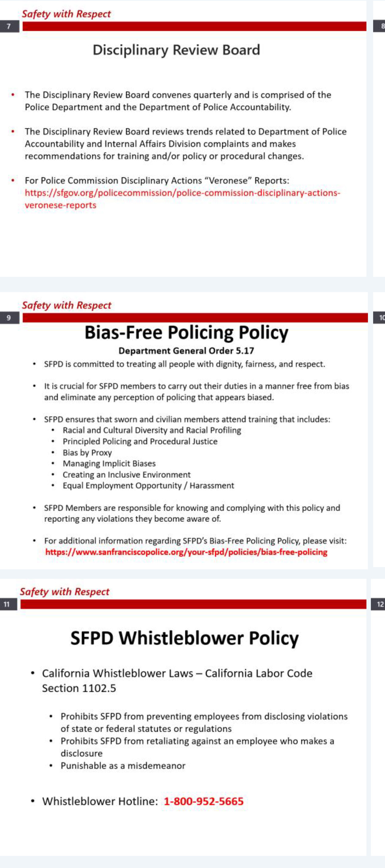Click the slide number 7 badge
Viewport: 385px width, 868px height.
9,26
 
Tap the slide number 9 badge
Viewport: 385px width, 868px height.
9,318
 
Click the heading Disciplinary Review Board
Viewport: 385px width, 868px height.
176,50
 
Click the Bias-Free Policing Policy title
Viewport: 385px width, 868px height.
186,333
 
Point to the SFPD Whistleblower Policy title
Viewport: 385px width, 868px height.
184,638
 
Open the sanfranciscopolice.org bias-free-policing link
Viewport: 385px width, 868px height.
186,552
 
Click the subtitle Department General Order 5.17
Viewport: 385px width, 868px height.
186,351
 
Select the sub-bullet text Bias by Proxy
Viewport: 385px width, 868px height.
87,453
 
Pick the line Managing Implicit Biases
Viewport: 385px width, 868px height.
109,464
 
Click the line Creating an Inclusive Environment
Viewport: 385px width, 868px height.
126,475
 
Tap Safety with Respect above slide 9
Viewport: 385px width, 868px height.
66,305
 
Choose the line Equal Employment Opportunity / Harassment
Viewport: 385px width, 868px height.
148,486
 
